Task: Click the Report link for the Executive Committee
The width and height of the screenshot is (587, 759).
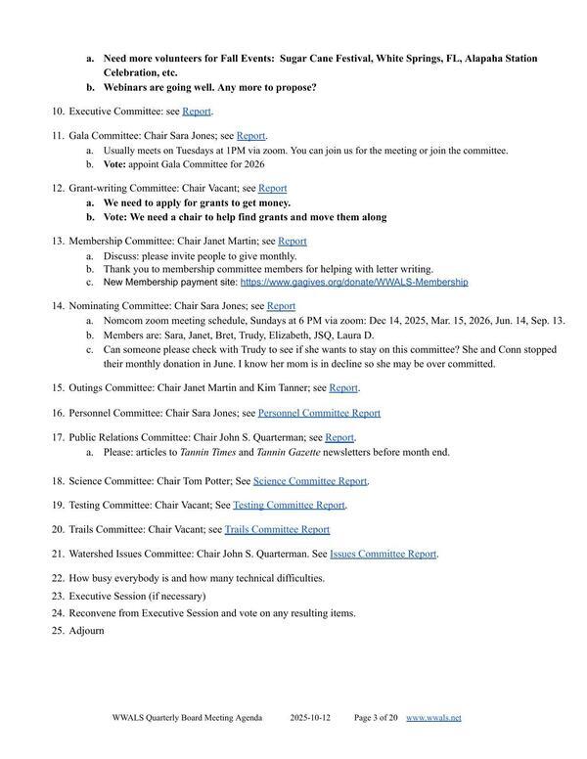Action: coord(196,112)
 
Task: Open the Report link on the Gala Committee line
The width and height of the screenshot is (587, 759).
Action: coord(250,136)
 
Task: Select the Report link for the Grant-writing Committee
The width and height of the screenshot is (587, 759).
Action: coord(272,188)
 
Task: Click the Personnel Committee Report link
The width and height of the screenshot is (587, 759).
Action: coord(319,413)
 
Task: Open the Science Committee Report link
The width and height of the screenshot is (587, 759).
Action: coord(310,480)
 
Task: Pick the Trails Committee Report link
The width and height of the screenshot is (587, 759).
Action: coord(277,529)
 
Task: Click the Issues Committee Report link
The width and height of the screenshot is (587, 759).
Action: coord(383,554)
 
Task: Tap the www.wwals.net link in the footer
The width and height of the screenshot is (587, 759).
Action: coord(433,718)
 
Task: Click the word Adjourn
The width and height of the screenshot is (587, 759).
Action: coord(86,630)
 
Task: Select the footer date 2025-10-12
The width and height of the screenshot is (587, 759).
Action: coord(310,718)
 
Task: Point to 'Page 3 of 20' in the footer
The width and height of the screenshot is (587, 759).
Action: coord(376,718)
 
